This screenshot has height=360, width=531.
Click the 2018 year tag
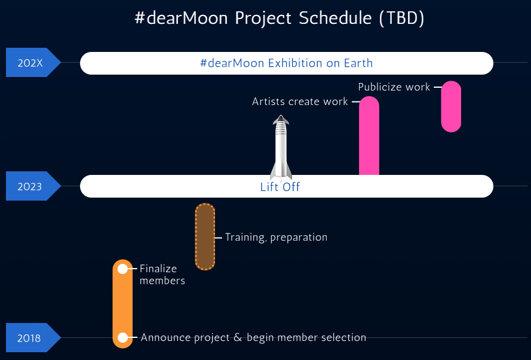[33, 337]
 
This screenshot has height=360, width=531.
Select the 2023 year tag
[33, 186]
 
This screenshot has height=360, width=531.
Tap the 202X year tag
[33, 63]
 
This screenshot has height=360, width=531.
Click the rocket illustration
[281, 147]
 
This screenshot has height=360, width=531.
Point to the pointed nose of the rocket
[281, 115]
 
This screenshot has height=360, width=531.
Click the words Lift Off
[280, 187]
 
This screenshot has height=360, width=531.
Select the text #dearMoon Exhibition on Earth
[286, 63]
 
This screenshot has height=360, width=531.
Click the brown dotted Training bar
[205, 237]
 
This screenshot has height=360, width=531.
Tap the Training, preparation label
[276, 237]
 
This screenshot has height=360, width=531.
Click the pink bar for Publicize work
[451, 106]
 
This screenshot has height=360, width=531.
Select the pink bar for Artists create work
[369, 136]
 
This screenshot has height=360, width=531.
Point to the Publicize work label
[394, 87]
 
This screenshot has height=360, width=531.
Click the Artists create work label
[300, 101]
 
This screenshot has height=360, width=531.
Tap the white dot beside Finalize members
[122, 269]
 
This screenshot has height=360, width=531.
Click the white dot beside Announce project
[122, 337]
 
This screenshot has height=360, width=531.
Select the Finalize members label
[162, 275]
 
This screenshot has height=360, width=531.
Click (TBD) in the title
[401, 18]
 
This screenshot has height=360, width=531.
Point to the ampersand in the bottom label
[238, 337]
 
